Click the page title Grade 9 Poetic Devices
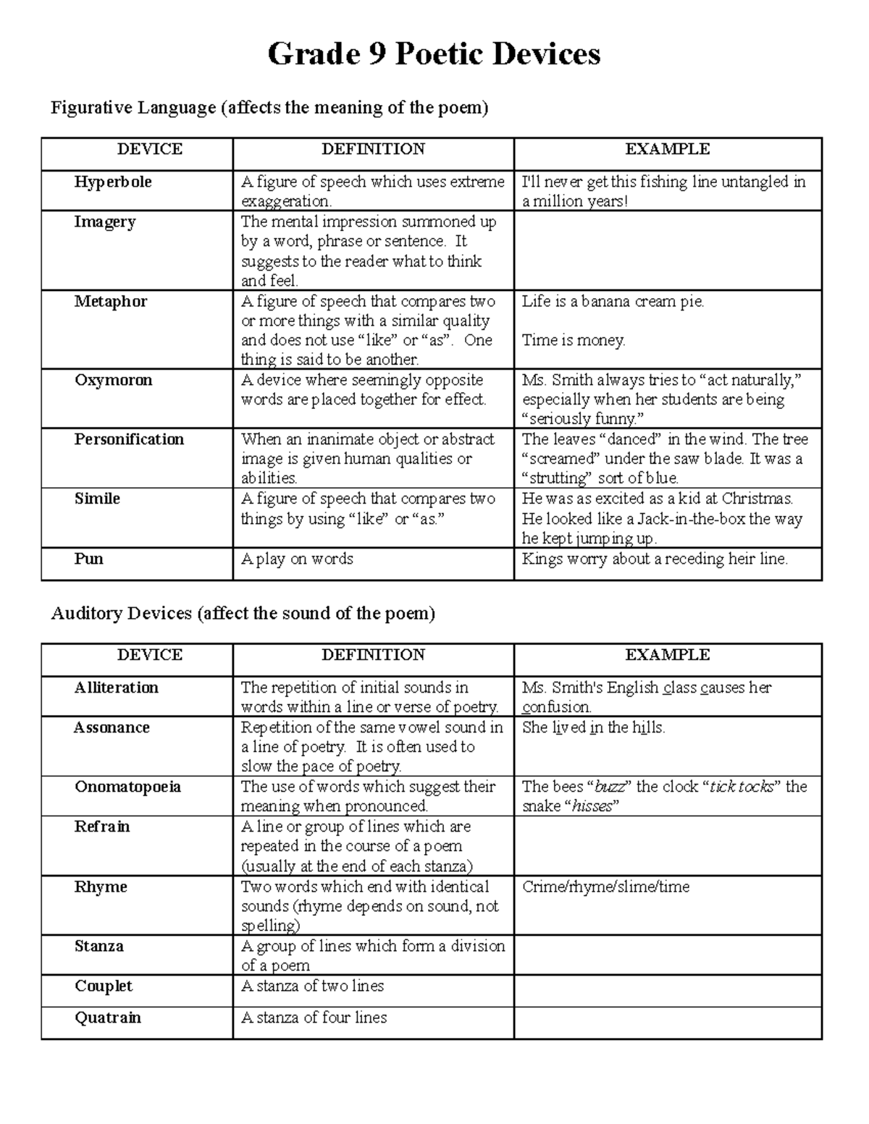point(434,54)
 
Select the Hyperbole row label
point(112,182)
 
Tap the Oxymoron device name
point(113,380)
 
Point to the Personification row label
point(129,439)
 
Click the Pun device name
point(88,559)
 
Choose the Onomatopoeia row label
point(127,787)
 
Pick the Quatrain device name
point(108,1018)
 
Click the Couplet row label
point(104,986)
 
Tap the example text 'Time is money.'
point(574,340)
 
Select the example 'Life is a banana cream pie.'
point(613,301)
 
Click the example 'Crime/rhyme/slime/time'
point(605,887)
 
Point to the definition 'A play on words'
point(297,559)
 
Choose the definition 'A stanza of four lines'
point(314,1018)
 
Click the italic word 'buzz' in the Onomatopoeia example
point(609,787)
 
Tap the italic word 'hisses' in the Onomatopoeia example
point(592,806)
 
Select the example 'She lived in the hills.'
point(593,727)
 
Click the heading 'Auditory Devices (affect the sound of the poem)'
point(243,614)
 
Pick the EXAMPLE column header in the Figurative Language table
point(667,149)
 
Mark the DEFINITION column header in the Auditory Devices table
point(373,655)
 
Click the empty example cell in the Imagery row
point(667,250)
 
